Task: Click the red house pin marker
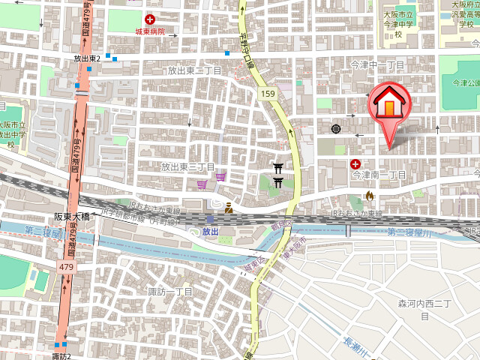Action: [x=388, y=105]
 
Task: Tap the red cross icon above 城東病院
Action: [x=151, y=19]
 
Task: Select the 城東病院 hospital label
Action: [x=151, y=31]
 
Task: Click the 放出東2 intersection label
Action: [x=87, y=58]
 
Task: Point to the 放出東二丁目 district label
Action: [x=194, y=70]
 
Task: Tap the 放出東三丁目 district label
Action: [x=188, y=166]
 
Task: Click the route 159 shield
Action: [x=268, y=93]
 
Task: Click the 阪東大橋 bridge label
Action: [x=72, y=216]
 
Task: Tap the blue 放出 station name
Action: [x=210, y=232]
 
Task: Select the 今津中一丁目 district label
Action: [x=378, y=66]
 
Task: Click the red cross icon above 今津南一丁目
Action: [x=355, y=163]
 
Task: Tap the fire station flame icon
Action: [x=368, y=196]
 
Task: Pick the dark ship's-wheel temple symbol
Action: [x=335, y=129]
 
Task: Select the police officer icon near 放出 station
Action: [x=228, y=208]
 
